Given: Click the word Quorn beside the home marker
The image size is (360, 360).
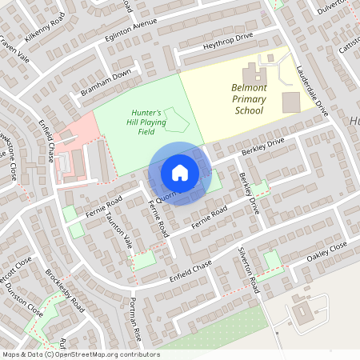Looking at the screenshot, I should pos(166,194).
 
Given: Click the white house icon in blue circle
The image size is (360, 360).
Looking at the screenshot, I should pos(179,172).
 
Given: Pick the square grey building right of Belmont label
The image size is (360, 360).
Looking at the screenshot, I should pos(291,102).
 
